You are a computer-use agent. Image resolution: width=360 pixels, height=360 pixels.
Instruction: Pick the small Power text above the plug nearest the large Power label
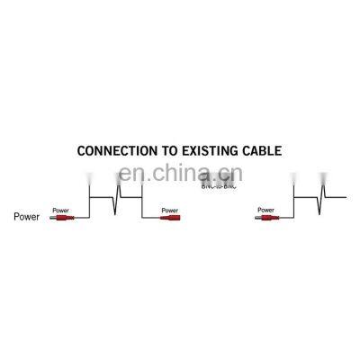tap(60, 210)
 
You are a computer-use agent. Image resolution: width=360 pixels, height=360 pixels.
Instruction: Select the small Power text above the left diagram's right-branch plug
tap(167, 210)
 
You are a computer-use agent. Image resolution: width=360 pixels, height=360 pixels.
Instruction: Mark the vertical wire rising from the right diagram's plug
tap(292, 206)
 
